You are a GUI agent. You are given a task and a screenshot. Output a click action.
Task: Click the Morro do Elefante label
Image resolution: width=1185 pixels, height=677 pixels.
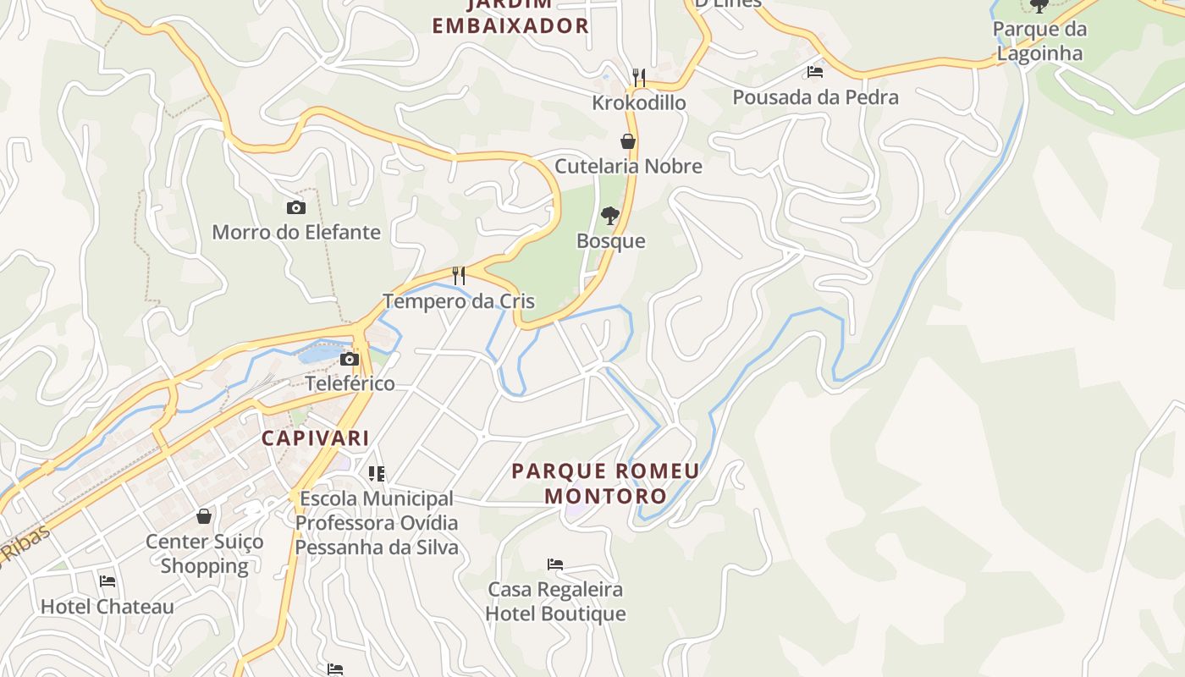(x=295, y=232)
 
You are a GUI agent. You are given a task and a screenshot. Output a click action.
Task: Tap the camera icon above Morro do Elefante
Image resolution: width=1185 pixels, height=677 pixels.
(x=295, y=207)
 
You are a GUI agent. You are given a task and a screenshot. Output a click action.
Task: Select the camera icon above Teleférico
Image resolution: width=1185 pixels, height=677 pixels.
(x=350, y=359)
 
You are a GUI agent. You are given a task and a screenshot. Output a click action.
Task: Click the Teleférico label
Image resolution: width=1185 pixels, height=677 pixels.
(x=350, y=383)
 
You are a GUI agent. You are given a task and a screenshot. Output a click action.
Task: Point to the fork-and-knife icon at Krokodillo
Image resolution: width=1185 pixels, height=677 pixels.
(x=639, y=78)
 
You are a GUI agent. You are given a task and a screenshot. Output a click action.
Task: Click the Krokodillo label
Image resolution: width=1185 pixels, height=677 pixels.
(x=639, y=102)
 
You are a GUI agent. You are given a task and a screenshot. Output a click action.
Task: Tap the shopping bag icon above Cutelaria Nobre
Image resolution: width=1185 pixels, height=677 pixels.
(x=628, y=141)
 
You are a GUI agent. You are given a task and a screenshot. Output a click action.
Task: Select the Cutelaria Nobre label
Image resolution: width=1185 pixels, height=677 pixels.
(x=628, y=166)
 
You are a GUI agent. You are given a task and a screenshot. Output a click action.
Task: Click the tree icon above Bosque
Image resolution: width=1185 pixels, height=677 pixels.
(x=609, y=216)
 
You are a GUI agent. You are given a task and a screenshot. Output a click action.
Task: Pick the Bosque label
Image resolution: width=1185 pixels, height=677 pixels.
(x=610, y=241)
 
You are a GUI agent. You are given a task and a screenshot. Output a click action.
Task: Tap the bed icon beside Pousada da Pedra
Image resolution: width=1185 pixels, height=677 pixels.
(x=815, y=72)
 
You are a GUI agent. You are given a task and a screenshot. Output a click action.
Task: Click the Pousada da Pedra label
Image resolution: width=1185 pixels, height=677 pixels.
(x=815, y=97)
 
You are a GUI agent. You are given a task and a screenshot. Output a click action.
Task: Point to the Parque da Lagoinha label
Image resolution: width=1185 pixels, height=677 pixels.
(x=1039, y=41)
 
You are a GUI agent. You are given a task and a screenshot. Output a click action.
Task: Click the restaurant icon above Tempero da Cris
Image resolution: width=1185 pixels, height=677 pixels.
(x=459, y=276)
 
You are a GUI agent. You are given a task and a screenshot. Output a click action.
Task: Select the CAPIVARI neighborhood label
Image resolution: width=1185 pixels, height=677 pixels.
(x=315, y=438)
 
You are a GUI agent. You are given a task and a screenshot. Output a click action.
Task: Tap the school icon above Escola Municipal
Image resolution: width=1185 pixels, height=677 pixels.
(x=377, y=474)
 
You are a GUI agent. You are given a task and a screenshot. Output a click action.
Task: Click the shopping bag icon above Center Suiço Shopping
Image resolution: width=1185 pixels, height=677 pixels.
(x=204, y=516)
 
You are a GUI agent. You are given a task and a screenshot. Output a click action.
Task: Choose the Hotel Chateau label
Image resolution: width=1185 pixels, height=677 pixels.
(x=107, y=607)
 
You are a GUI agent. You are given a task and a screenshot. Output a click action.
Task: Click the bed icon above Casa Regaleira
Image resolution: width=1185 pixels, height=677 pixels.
(x=555, y=564)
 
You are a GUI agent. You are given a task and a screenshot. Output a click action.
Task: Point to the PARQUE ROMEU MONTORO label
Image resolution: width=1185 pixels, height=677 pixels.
(x=605, y=482)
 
